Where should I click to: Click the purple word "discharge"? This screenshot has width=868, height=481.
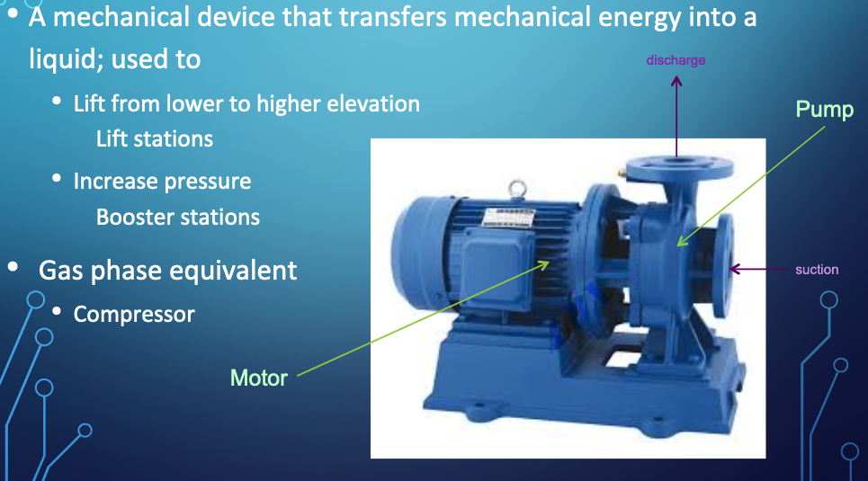(676, 60)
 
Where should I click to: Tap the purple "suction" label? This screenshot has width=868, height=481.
(817, 270)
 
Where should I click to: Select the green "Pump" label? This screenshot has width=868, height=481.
(824, 109)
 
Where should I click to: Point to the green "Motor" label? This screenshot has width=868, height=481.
(258, 378)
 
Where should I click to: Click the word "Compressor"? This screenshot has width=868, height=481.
(134, 315)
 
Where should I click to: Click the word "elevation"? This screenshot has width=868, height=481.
(373, 103)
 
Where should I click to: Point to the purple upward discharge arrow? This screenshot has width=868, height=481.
(676, 116)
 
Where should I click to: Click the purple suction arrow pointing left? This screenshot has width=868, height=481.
(757, 270)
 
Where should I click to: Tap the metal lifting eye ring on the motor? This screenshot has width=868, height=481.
(517, 188)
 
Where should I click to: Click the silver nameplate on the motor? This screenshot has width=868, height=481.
(508, 217)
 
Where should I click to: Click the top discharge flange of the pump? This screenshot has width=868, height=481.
(679, 167)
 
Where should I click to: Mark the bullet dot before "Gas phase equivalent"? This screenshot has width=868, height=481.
(13, 267)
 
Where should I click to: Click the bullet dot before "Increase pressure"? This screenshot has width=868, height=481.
(57, 178)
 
